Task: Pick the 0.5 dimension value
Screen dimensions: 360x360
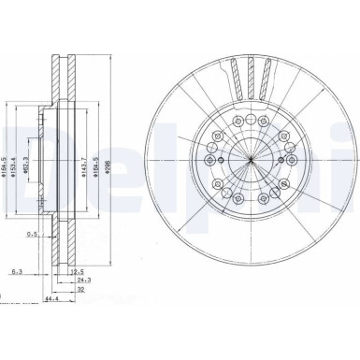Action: [x=32, y=234]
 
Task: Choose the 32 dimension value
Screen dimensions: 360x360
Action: [x=82, y=290]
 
